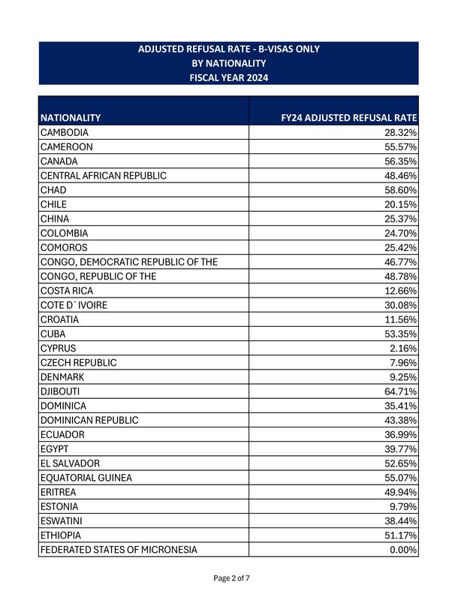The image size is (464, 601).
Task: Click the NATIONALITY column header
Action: [71, 118]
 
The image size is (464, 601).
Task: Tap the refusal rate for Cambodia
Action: [401, 132]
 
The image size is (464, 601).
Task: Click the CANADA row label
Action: [59, 162]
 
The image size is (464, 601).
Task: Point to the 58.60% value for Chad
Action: [401, 190]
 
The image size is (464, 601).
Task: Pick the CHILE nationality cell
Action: [54, 204]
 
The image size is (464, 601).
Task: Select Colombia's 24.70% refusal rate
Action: [401, 233]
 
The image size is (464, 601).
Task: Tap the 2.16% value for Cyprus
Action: [403, 349]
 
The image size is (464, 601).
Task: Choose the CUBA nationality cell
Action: [53, 334]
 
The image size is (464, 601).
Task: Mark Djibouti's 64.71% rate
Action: [401, 391]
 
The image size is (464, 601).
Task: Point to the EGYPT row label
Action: [55, 449]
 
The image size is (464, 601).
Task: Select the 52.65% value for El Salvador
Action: [401, 464]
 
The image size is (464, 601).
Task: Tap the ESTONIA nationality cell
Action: [59, 506]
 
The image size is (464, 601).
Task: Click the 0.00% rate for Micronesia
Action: [403, 550]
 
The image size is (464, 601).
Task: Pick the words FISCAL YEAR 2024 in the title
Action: [229, 77]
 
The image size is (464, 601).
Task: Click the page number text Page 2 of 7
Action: [231, 578]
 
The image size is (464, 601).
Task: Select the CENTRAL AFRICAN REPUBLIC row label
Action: [104, 176]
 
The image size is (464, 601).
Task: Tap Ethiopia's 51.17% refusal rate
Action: [401, 536]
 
